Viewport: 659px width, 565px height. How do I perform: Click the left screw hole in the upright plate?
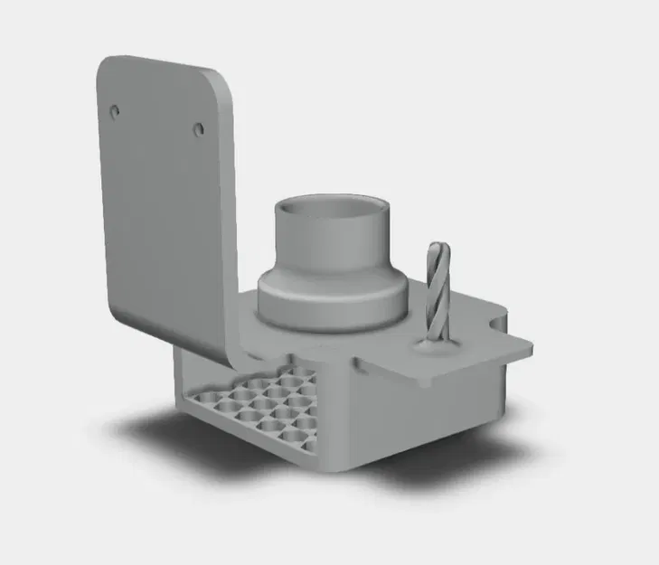115,110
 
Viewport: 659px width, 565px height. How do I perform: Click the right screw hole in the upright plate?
199,128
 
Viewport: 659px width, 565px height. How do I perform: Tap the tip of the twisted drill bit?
438,247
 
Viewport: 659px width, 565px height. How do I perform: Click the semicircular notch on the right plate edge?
499,319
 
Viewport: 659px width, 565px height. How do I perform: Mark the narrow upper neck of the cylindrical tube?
332,240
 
